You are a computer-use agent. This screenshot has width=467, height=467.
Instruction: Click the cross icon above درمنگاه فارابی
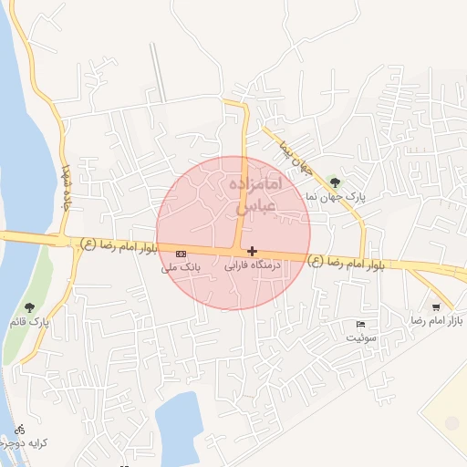coord(252,251)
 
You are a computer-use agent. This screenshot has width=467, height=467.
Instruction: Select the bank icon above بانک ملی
coord(181,253)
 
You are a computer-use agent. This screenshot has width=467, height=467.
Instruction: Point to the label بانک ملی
coord(180,267)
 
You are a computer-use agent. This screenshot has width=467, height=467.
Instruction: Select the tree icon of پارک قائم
coord(30,307)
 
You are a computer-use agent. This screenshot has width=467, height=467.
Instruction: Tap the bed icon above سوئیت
coord(360,324)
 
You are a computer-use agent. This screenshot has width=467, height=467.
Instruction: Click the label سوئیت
coord(360,337)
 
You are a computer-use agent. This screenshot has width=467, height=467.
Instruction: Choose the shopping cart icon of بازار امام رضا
coord(437,306)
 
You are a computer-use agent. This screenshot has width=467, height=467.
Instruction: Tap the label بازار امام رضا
coord(430,321)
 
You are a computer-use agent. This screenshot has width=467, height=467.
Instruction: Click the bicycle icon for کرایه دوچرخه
coord(20,428)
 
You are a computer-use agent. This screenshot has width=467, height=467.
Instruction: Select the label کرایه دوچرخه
coord(23,442)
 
